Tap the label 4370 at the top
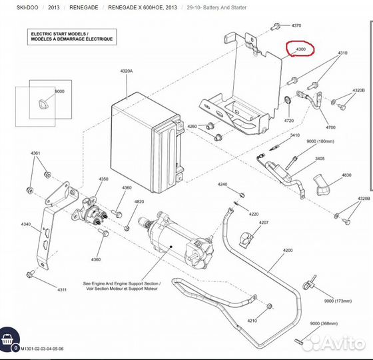point(296,25)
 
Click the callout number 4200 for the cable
point(287,251)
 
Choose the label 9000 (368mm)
point(324,323)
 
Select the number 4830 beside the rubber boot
point(346,175)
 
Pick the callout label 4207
point(264,222)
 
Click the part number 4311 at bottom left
point(62,290)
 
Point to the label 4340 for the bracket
point(26,224)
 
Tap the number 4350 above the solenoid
point(103,179)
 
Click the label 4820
point(139,202)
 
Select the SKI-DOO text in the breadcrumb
point(27,7)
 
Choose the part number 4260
point(192,126)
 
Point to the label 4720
point(289,121)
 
